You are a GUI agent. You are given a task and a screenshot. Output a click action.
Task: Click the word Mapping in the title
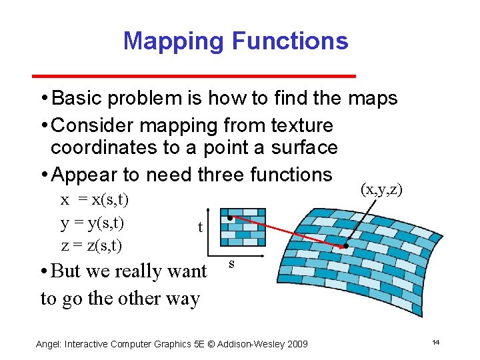tap(174, 41)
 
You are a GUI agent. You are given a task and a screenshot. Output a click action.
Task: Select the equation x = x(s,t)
tap(95, 199)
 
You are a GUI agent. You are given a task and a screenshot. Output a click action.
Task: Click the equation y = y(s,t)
tap(93, 222)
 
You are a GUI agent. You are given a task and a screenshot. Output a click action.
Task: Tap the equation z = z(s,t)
tap(91, 245)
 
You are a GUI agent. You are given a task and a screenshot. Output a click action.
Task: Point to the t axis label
tap(200, 228)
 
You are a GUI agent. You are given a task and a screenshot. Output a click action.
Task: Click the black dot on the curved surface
tap(346, 246)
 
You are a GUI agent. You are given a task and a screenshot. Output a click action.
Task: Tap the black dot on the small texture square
tap(229, 218)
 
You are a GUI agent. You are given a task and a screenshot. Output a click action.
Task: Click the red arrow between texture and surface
tap(287, 232)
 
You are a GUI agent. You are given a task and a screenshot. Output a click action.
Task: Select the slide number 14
tap(435, 343)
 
